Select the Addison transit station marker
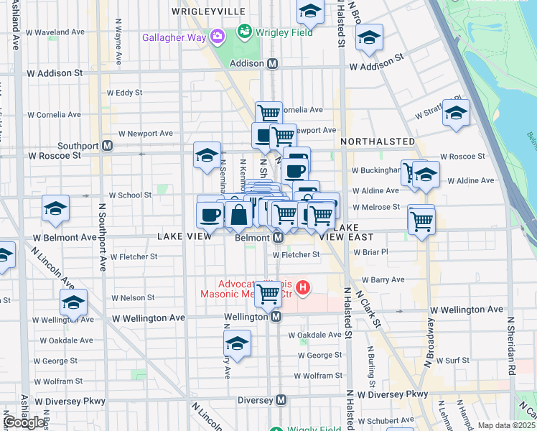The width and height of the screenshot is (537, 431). point(273,63)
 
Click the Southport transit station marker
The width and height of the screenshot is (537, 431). point(107,146)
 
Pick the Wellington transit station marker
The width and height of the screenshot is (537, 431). point(275,317)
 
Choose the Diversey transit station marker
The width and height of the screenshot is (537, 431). point(281,399)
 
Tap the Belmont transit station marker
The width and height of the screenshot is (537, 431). point(276,237)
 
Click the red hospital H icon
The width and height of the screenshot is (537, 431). point(303,288)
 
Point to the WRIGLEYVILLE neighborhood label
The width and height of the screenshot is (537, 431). point(209,11)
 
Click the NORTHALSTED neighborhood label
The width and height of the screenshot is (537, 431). point(378,142)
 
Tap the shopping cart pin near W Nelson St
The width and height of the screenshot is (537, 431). point(268,292)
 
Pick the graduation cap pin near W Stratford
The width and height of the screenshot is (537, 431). point(455,113)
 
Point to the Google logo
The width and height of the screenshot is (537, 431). point(24,422)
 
